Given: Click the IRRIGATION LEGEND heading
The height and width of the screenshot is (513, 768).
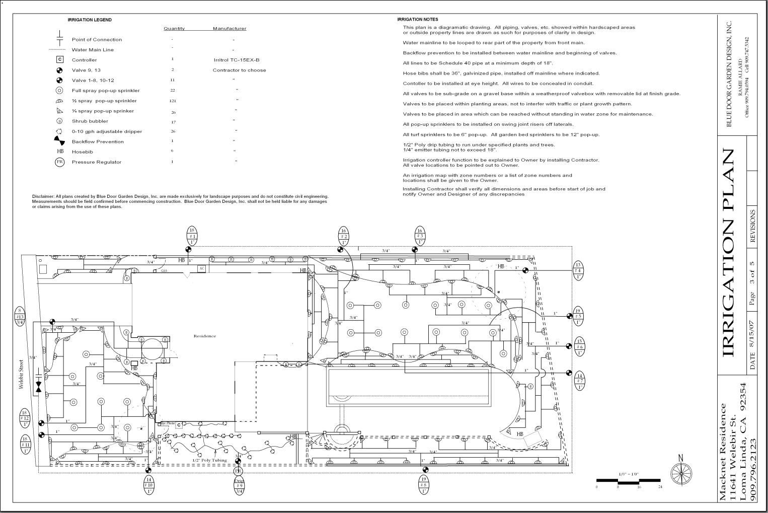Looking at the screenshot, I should (90, 20).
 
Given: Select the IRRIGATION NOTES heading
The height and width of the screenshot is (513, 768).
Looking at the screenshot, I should (418, 20).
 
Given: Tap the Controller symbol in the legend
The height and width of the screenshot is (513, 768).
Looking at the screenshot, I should (60, 59).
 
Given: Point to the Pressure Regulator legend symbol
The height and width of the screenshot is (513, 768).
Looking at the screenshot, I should (60, 162).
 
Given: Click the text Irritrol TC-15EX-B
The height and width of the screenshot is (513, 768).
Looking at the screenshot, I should (237, 60).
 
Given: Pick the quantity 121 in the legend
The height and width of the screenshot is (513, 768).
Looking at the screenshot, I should (173, 101).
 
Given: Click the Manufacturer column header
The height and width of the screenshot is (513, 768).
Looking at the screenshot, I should (229, 29).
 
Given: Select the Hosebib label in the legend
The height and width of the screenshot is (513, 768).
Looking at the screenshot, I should (82, 152).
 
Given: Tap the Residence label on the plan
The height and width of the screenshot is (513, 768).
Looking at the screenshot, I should (205, 336).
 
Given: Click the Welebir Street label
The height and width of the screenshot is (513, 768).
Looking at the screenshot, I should (22, 374).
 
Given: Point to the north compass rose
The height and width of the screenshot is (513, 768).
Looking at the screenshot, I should (681, 472).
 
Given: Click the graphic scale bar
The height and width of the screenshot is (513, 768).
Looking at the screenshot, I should (628, 481).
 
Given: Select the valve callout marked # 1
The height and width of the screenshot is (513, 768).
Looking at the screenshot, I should (192, 236).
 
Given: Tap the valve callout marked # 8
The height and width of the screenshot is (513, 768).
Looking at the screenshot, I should (424, 485).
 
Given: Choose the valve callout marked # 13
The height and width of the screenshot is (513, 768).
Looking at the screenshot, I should (20, 317).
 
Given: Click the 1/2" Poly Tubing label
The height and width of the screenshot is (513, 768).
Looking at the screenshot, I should (209, 460).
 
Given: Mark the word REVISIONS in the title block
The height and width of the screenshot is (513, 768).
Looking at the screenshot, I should (753, 226).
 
